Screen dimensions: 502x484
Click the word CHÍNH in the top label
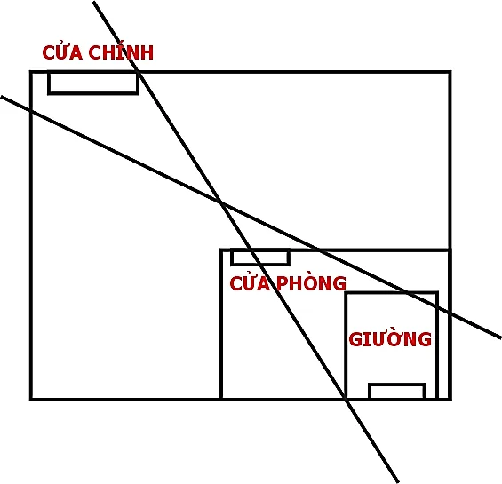[x=121, y=52]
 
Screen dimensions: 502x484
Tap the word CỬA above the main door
[x=62, y=52]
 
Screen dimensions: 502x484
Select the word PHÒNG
[x=311, y=282]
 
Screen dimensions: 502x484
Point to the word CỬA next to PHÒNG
[x=250, y=283]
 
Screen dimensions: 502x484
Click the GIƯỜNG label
[x=390, y=338]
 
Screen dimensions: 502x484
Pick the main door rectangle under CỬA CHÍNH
[x=93, y=83]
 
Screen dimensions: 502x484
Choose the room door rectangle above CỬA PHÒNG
[x=260, y=258]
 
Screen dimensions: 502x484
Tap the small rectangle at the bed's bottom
[x=397, y=391]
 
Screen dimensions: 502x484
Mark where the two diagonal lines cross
[x=221, y=203]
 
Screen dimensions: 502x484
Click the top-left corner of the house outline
[x=31, y=72]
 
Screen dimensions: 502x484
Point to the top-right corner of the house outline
[x=450, y=72]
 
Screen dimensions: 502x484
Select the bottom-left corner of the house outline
[x=31, y=399]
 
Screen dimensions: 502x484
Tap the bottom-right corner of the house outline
[x=450, y=399]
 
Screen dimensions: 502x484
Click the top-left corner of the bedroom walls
[x=221, y=250]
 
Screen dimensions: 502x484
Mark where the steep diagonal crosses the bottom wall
[x=346, y=399]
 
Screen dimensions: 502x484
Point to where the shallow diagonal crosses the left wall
[x=31, y=110]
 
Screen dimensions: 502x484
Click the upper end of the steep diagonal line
[x=93, y=2]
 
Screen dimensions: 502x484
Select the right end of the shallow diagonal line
[x=501, y=338]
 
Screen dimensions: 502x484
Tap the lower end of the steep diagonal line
[x=398, y=482]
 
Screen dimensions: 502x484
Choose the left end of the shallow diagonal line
[x=1, y=96]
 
